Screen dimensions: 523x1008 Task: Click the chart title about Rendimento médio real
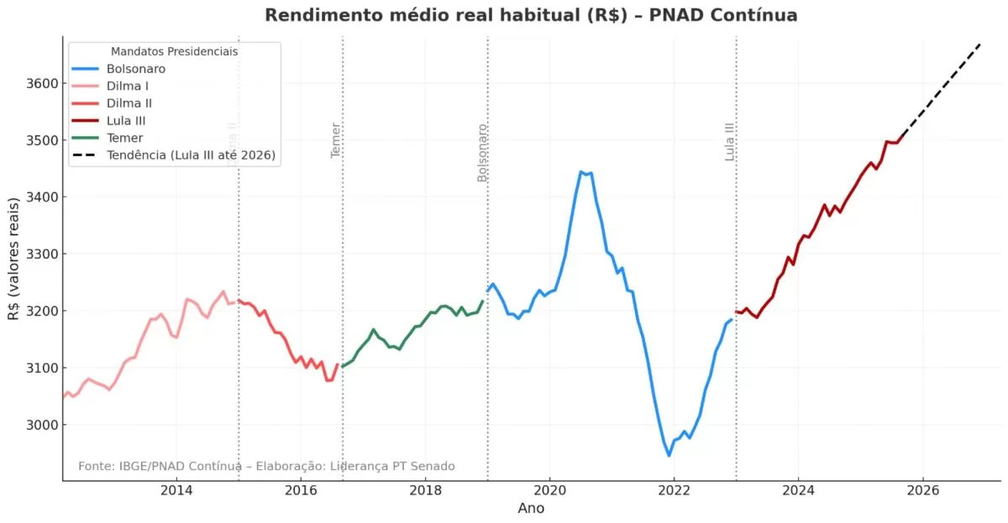531,15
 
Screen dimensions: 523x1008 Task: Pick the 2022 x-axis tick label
674,489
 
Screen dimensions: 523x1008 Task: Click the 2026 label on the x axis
922,489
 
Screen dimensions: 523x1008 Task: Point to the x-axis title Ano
531,508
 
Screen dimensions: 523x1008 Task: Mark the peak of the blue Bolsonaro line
581,172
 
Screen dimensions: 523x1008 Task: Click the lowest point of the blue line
669,456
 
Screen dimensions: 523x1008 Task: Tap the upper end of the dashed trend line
980,43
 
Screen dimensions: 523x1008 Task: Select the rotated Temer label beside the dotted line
336,140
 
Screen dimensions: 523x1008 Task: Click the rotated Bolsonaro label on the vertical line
483,153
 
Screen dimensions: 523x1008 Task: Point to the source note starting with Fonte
266,466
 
